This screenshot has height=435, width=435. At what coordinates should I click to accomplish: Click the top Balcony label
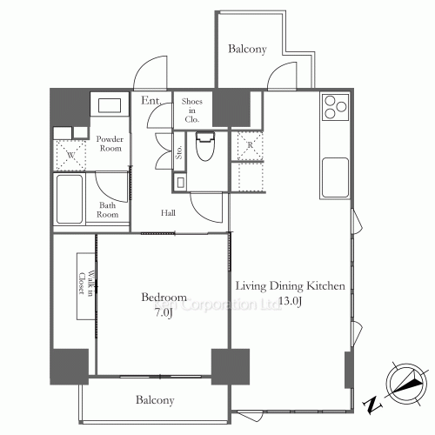point(248,50)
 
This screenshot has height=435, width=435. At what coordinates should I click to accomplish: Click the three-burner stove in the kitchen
point(334,106)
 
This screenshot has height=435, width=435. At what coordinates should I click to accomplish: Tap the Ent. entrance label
point(151,102)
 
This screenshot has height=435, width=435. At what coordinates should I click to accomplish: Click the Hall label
point(169,212)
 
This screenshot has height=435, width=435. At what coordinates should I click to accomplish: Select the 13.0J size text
point(291,301)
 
